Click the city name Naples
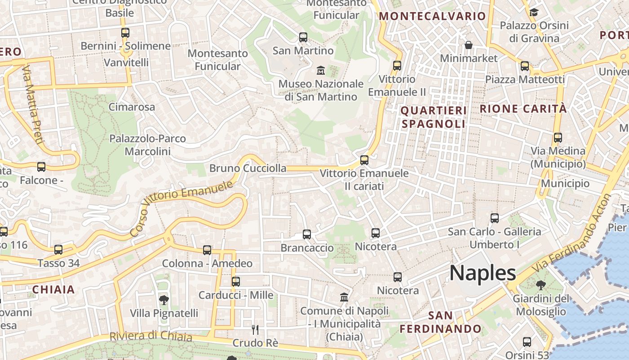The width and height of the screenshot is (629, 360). click(483, 273)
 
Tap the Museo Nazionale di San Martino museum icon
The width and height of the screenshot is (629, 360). click(321, 71)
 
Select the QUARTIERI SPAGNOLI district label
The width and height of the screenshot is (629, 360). click(433, 117)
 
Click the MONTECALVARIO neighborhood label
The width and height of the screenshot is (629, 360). click(433, 17)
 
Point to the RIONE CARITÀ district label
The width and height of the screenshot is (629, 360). click(523, 108)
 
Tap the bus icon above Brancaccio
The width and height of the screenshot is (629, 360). click(307, 234)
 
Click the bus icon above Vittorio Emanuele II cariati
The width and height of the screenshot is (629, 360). click(364, 160)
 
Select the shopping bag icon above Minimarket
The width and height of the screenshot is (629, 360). click(469, 45)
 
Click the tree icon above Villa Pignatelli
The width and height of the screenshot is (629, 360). click(164, 300)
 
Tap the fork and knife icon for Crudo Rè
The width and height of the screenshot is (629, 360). click(255, 330)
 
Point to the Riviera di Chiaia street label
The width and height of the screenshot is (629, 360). click(151, 336)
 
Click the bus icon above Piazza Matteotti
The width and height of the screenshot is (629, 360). click(525, 66)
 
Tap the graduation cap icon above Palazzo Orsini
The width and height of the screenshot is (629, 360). click(534, 12)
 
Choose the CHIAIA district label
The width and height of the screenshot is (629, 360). click(53, 289)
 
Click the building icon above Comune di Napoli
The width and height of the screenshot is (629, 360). click(344, 297)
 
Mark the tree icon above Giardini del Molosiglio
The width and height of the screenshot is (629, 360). click(540, 284)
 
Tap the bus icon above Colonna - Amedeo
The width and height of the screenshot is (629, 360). click(207, 250)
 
